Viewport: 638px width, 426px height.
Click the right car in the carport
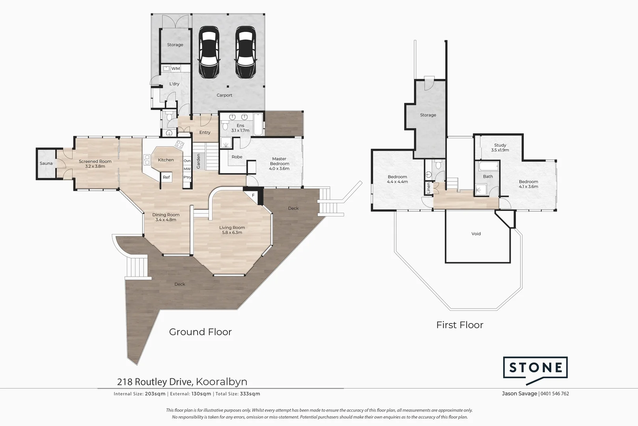coord(245,52)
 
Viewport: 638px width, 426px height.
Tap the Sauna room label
coord(46,163)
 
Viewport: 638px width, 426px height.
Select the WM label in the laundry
coord(175,69)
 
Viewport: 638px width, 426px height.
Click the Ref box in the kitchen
coord(166,177)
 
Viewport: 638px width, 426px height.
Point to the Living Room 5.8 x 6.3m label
coord(232,230)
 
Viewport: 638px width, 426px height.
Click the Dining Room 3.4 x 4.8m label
coord(166,217)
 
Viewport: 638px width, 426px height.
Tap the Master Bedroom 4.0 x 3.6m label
coord(279,164)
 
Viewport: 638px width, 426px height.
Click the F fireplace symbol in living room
coord(254,195)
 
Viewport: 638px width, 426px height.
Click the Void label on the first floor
coord(476,234)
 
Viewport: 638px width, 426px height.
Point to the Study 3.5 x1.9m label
coord(500,148)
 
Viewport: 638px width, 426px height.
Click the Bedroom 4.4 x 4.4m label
coord(397,179)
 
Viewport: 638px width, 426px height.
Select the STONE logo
coord(535,368)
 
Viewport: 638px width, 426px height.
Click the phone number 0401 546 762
coord(555,394)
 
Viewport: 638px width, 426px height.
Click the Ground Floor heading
coord(200,332)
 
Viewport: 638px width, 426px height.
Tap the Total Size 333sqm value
coord(250,394)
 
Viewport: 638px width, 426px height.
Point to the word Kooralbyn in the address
coord(222,382)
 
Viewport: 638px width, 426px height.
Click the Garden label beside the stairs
coord(199,161)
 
